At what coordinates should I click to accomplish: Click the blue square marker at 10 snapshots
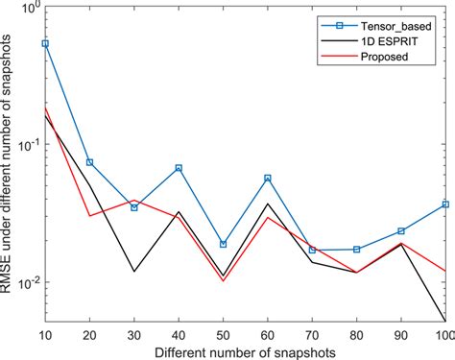point(45,44)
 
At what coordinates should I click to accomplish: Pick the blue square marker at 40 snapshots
point(179,168)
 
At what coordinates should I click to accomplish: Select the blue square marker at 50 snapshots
point(223,244)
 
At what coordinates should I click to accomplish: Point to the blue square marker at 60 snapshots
point(267,179)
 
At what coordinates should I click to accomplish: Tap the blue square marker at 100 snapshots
point(444,204)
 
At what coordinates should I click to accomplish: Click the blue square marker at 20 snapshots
point(89,162)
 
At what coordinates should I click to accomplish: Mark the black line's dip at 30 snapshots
point(134,272)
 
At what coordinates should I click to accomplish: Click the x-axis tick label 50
point(223,333)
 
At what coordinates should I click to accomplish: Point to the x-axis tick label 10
point(45,333)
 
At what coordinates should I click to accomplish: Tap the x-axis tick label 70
point(312,333)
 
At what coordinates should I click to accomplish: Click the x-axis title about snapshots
point(245,351)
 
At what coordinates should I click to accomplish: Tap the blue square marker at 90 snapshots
point(400,231)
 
